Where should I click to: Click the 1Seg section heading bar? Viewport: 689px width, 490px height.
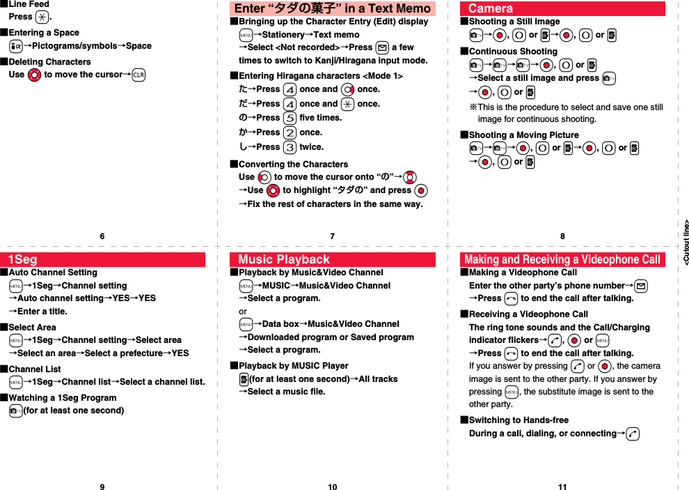(102, 260)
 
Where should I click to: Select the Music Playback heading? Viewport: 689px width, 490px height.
(332, 260)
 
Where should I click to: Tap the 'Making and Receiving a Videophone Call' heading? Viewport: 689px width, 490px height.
(562, 260)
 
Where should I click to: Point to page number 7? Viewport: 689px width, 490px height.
(332, 236)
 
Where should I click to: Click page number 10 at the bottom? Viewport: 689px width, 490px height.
(332, 487)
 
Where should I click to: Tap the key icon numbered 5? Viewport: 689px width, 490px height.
(290, 118)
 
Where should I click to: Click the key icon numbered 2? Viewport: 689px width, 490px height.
(290, 132)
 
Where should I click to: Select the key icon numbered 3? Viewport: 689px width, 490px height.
(290, 147)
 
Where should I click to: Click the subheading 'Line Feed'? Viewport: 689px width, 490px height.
(29, 4)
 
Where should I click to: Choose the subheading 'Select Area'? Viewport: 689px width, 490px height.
(32, 327)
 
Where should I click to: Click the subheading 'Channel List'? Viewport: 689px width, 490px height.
(34, 369)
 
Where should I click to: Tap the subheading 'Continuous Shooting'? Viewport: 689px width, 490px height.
(512, 51)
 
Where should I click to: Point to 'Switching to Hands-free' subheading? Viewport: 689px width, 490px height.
(518, 420)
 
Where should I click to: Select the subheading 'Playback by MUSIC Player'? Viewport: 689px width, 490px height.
(293, 365)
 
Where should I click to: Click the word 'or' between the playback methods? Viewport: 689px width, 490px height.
(243, 311)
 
